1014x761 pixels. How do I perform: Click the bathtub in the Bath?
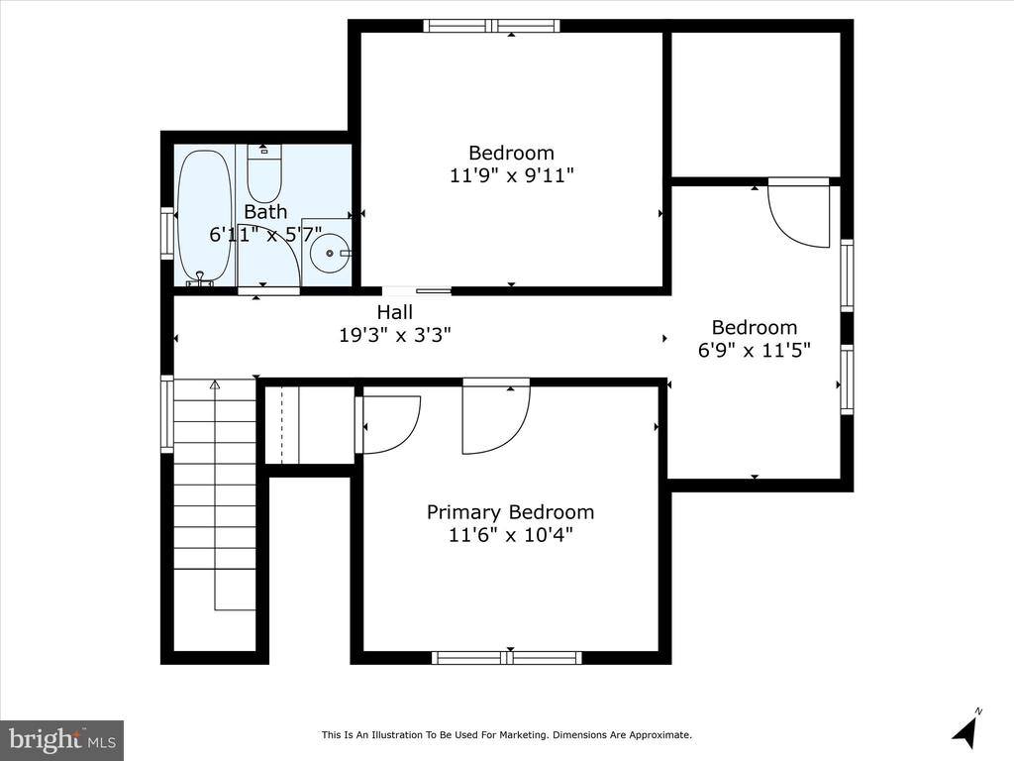click(205, 216)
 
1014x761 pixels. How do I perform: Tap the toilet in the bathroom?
click(265, 172)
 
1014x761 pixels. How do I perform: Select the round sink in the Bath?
click(330, 253)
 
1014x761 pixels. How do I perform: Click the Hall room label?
click(394, 312)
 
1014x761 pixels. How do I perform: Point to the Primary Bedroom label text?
click(510, 512)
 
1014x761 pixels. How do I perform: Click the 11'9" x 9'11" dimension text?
click(512, 175)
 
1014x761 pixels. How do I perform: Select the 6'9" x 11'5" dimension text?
click(754, 350)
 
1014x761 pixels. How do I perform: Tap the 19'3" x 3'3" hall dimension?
click(395, 335)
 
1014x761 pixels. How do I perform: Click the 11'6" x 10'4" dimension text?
click(510, 535)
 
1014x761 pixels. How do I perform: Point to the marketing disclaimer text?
click(507, 734)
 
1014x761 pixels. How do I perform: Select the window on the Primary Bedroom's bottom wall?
click(507, 658)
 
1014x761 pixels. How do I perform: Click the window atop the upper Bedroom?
click(491, 26)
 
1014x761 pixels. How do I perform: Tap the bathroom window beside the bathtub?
click(167, 234)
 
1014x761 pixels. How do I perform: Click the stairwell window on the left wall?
click(167, 413)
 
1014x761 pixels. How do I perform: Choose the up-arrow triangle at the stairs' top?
click(215, 384)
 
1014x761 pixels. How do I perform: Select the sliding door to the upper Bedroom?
click(417, 290)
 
